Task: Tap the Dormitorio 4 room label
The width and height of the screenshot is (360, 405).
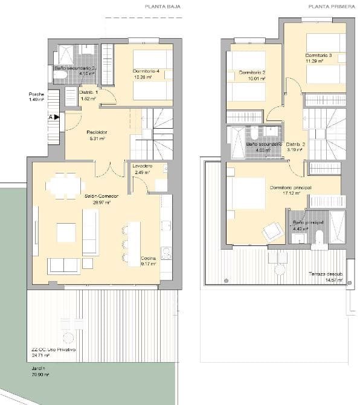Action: click(146, 72)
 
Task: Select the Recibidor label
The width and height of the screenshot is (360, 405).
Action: click(97, 132)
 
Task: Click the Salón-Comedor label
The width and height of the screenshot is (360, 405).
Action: click(97, 197)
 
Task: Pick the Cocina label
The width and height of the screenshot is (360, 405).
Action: click(147, 258)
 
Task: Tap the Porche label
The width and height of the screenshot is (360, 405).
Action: click(36, 94)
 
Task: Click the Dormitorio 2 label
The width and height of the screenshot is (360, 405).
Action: click(252, 73)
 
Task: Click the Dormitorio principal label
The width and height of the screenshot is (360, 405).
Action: click(291, 187)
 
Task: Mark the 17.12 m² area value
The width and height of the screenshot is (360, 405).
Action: click(294, 193)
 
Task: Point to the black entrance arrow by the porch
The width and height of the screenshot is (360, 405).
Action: click(56, 118)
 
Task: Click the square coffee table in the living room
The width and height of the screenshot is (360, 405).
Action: click(66, 232)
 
